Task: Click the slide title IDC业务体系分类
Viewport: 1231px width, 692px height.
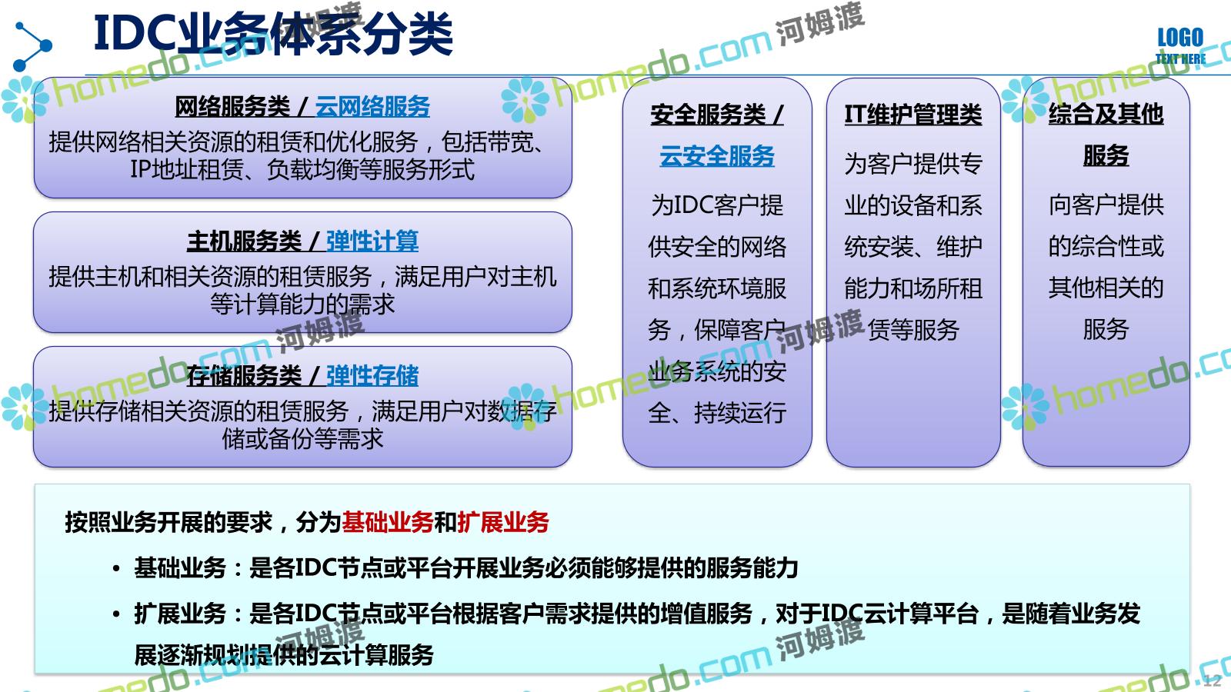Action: (x=273, y=34)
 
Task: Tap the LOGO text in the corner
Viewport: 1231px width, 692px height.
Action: (x=1180, y=38)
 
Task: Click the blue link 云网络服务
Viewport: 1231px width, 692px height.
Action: (x=372, y=107)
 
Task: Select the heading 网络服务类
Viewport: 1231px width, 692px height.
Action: (x=232, y=107)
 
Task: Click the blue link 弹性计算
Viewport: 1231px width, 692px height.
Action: (x=372, y=241)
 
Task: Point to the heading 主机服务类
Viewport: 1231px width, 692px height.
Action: (x=244, y=241)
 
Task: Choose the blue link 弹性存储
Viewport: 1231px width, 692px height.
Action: (x=372, y=376)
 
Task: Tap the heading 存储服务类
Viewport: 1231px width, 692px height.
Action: (x=244, y=376)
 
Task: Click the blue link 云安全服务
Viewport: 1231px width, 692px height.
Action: (x=716, y=156)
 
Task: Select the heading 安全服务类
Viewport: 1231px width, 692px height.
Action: (x=708, y=115)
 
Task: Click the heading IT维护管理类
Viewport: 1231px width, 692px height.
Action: (x=912, y=115)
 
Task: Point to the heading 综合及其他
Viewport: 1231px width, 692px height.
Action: (x=1106, y=115)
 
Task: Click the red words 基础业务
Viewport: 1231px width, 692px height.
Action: (x=388, y=522)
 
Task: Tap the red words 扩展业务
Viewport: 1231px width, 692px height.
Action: (x=503, y=522)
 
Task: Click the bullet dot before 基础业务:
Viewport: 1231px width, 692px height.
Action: (x=116, y=568)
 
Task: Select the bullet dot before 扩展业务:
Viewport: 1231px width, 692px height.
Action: (x=116, y=614)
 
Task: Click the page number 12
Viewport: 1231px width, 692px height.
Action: (x=1212, y=680)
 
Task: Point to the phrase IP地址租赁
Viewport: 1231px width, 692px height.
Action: (x=186, y=169)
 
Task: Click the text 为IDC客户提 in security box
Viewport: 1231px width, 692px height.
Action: (x=717, y=205)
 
